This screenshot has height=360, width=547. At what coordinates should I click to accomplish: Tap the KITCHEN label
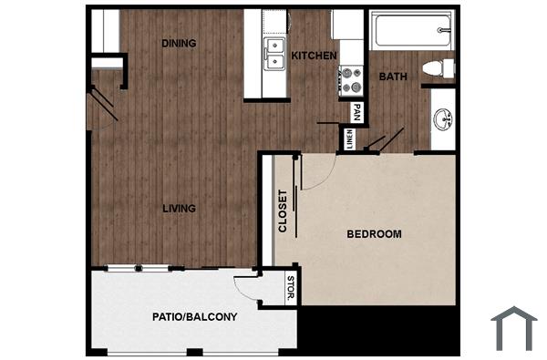coord(314,56)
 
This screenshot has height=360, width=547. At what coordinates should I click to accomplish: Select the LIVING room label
coord(179,208)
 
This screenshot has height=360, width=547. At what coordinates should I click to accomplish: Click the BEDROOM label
coord(374,234)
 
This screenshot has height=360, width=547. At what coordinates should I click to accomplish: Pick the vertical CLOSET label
coord(283,211)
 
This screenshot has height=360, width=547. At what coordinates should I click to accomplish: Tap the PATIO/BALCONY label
coord(193,317)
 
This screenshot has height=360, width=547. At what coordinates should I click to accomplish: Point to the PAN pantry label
coord(357,113)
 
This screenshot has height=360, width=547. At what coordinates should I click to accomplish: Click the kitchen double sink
coord(273,54)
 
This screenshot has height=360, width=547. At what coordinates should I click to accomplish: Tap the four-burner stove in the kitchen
coord(351,81)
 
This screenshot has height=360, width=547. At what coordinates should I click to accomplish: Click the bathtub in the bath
coord(411,29)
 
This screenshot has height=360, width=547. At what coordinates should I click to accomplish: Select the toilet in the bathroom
coord(439,66)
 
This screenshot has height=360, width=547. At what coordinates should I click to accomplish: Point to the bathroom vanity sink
coord(443,119)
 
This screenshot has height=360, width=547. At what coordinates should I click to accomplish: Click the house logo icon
coord(513,328)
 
